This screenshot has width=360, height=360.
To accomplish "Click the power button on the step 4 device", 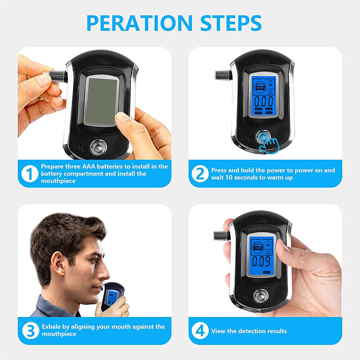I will tap(261, 296).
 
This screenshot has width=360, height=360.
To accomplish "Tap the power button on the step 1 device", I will tap(98, 147).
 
